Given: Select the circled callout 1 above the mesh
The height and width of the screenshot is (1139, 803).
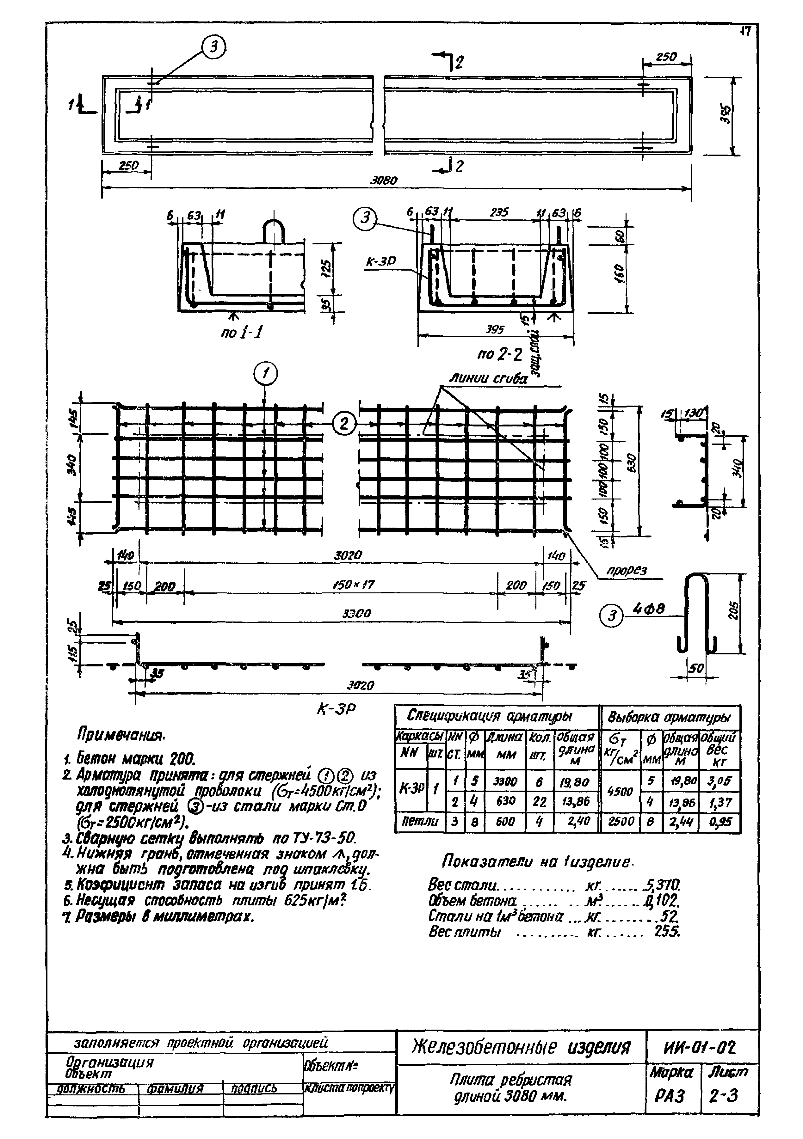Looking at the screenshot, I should click(x=266, y=374).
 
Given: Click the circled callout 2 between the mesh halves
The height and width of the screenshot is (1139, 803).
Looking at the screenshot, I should click(x=344, y=424).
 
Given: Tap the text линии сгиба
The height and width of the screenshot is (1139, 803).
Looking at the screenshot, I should click(x=488, y=379).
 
